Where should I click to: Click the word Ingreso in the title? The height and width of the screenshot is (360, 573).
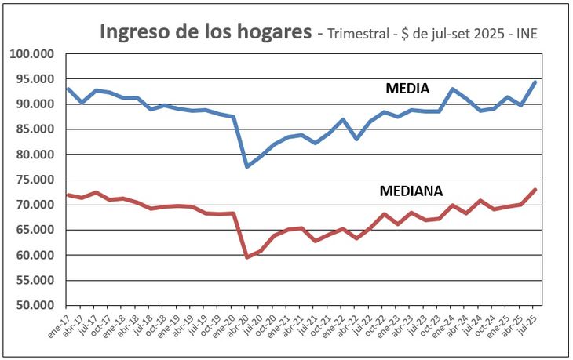pos(134,32)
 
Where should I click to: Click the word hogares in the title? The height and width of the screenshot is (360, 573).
pos(272,33)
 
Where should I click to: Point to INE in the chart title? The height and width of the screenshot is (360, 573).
pos(525,34)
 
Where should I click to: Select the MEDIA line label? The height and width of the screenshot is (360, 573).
pos(407,89)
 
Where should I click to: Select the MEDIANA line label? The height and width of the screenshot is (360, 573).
pos(411,191)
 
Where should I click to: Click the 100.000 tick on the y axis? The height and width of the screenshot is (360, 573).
pos(31,54)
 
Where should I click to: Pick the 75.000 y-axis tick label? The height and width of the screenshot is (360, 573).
pos(35,180)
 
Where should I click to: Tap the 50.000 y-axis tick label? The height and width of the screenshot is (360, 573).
pos(35,305)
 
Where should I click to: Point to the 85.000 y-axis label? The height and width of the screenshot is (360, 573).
pos(35,129)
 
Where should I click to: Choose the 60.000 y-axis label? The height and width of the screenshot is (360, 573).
pos(35,255)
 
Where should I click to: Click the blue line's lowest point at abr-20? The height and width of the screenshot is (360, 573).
pos(246,166)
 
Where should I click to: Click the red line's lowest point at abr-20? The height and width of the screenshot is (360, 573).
pos(246,256)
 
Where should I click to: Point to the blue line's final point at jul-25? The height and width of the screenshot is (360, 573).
pos(535,82)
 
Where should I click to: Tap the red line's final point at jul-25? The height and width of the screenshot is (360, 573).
pos(535,189)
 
